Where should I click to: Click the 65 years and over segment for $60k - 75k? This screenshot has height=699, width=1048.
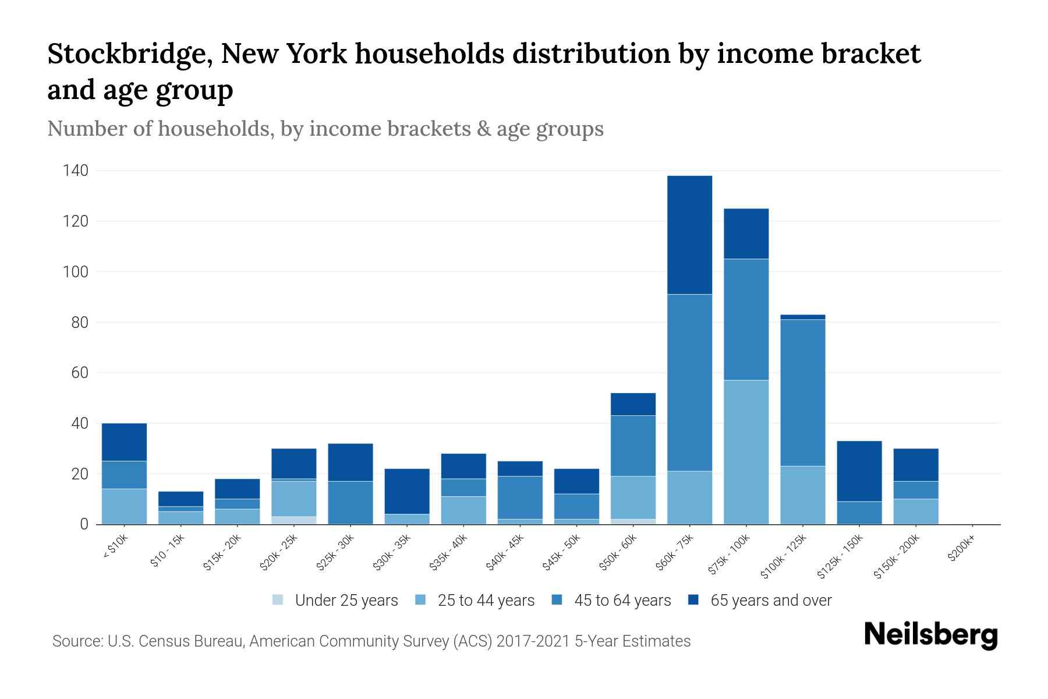689,235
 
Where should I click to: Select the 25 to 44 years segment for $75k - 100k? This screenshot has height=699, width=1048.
746,452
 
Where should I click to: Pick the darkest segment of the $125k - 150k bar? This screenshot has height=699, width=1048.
859,471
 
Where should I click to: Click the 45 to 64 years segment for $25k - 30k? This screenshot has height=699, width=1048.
350,502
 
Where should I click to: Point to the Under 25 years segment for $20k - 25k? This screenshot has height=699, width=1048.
294,520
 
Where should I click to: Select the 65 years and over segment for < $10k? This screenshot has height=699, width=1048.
124,442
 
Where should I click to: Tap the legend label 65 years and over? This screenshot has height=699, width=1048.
770,601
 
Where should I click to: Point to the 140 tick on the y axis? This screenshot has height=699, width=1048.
76,171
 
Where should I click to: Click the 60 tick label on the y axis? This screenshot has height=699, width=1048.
80,373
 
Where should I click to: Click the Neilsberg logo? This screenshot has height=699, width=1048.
930,635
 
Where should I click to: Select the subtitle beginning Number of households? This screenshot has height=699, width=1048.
325,129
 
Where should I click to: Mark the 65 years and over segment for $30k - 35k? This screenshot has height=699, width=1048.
407,491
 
